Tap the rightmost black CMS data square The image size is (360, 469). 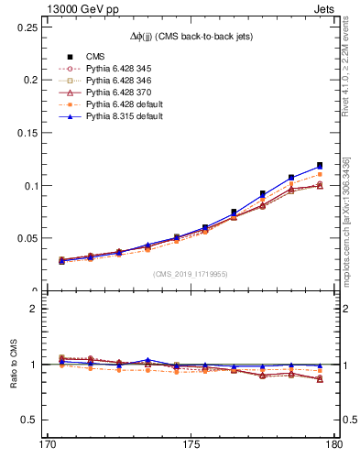click(x=320, y=166)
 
